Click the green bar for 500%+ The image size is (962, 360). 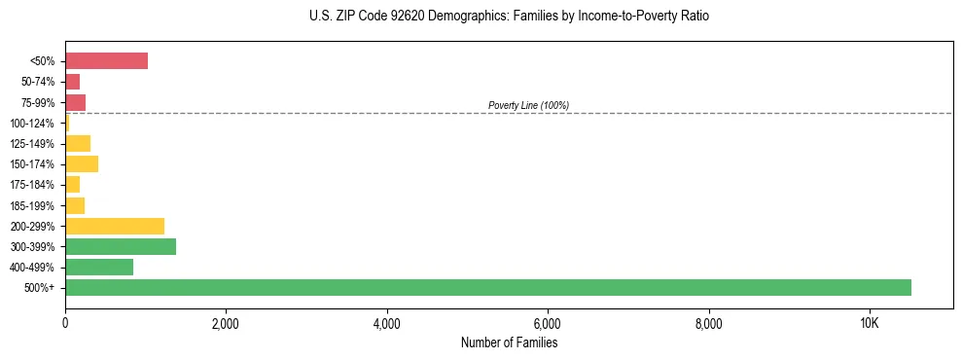[x=487, y=287]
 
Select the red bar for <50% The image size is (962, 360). [x=106, y=61]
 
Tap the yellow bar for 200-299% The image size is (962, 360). [x=114, y=226]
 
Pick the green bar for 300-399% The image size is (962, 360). [x=120, y=246]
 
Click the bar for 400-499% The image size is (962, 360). [x=98, y=267]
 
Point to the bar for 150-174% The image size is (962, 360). [x=81, y=163]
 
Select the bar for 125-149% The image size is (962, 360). [x=77, y=143]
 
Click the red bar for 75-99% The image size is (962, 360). [x=75, y=102]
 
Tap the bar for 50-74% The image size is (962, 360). [x=72, y=82]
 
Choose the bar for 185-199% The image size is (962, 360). [x=74, y=205]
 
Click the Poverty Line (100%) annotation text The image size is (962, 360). [x=528, y=105]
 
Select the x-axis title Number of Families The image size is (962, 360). [x=509, y=342]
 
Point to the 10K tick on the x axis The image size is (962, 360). [x=870, y=323]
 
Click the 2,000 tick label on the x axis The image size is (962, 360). [x=226, y=323]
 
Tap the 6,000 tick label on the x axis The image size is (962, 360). [x=548, y=323]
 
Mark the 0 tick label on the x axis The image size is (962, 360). [x=65, y=323]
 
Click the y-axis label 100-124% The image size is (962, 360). [x=32, y=124]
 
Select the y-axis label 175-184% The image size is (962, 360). [x=32, y=185]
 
